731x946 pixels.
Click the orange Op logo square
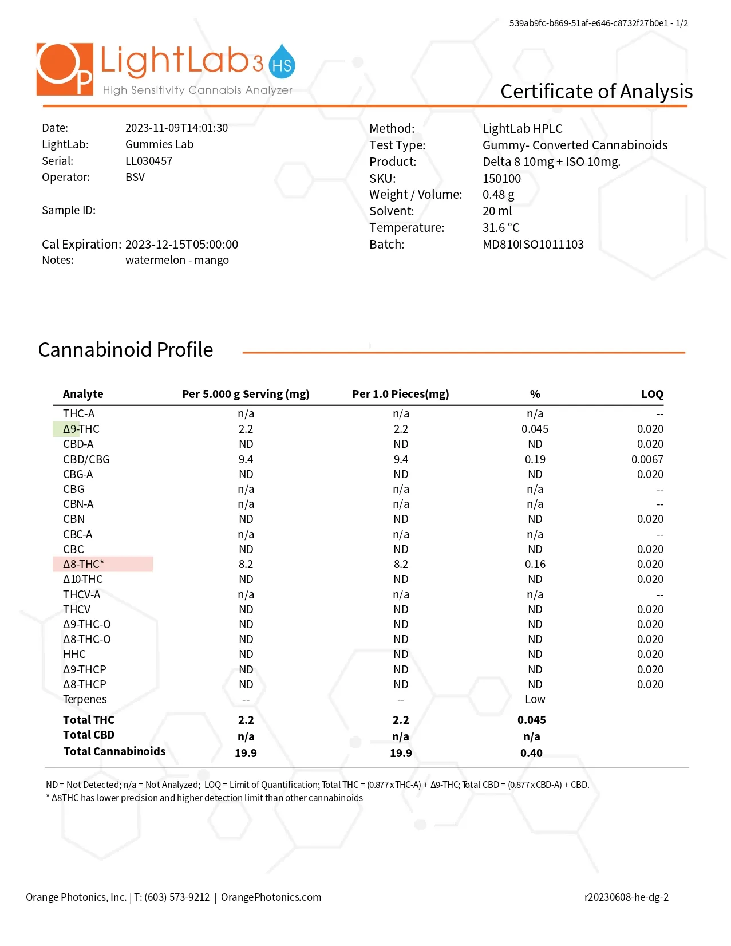64,69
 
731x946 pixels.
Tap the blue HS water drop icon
282,62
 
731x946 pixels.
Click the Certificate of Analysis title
596,92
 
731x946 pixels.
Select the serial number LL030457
149,161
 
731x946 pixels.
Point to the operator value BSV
135,177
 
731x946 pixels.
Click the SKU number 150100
501,178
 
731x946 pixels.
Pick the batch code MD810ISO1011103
533,245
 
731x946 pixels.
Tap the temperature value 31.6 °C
501,228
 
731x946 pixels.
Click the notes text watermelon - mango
177,260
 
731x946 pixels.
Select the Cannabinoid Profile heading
125,349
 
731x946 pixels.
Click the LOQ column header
651,394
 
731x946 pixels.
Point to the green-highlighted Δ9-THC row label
81,429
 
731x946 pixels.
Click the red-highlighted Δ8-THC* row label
84,564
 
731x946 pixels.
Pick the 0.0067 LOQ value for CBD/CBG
647,459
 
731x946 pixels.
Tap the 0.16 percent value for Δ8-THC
535,564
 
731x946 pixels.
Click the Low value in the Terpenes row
535,699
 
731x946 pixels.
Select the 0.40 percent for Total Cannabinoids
531,753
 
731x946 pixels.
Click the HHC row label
74,654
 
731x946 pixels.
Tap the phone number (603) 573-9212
177,897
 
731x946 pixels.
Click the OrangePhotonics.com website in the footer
271,897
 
